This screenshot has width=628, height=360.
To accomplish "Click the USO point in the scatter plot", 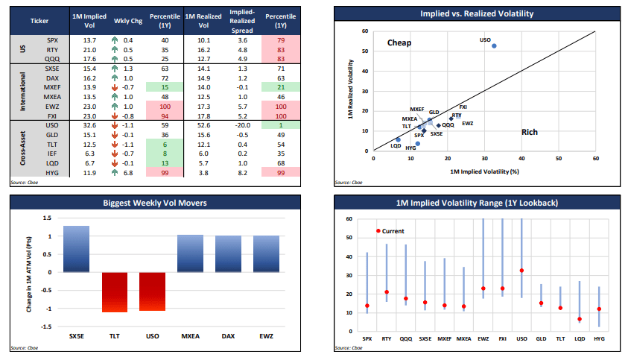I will [494, 45].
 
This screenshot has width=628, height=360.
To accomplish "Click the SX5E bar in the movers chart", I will [76, 248].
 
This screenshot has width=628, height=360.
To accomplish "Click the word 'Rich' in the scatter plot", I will [530, 132].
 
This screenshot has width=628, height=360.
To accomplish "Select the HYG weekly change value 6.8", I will [128, 172].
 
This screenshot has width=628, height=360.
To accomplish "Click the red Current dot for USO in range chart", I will [521, 271].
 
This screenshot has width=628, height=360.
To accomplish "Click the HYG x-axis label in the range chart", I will [599, 338].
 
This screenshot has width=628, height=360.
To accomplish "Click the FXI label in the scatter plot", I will [463, 107].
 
